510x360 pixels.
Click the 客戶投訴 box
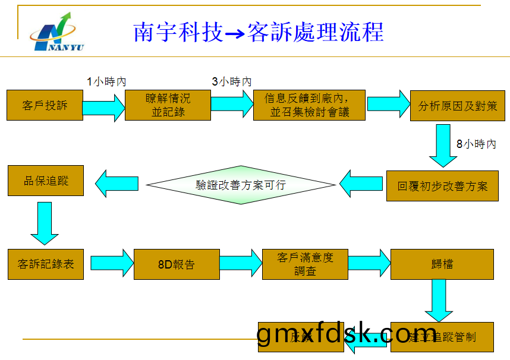point(45,105)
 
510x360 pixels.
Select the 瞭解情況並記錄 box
point(168,105)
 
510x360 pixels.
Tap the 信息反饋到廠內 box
point(309,105)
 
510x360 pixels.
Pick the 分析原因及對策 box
point(458,106)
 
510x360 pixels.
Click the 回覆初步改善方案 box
point(442,186)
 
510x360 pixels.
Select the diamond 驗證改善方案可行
point(241,185)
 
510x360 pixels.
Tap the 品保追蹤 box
point(46,181)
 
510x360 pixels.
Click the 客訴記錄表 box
point(46,264)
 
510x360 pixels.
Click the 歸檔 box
point(442,264)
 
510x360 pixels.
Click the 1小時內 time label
point(106,81)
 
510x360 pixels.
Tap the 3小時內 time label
point(232,81)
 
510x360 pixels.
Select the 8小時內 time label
point(476,144)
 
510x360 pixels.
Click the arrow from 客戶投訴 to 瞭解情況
point(103,108)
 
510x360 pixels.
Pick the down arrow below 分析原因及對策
point(443,145)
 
